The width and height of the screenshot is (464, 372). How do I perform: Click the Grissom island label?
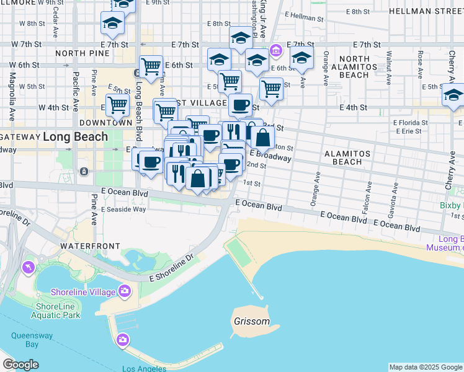point(252,322)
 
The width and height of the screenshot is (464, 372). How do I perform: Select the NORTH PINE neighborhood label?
point(82,54)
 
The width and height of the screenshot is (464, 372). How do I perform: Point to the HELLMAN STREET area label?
point(426,11)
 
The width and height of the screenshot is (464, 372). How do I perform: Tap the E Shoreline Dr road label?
point(172,268)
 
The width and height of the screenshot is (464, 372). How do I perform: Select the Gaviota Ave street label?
point(392,198)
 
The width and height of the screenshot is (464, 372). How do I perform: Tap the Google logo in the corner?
point(20,365)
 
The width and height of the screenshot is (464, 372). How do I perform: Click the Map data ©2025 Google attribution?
point(426,367)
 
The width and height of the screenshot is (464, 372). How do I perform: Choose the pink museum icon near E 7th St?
point(276,50)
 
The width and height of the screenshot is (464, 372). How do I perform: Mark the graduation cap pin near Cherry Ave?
point(453,95)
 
